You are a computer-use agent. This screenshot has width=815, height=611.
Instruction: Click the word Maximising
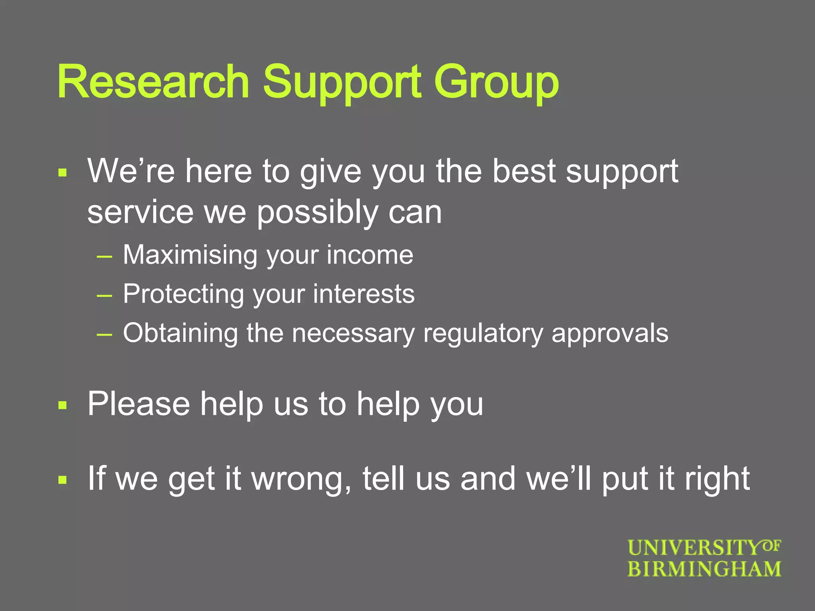click(190, 255)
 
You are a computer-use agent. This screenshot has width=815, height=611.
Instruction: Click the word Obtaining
click(180, 333)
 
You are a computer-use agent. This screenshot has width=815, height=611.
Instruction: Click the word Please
click(138, 404)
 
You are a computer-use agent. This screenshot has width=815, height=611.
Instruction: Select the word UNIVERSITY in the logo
click(694, 548)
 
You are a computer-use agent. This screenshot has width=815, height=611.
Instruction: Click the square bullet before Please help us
click(62, 405)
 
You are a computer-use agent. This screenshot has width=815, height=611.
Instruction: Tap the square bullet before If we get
click(62, 480)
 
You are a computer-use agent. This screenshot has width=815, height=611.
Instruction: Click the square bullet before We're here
click(62, 173)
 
